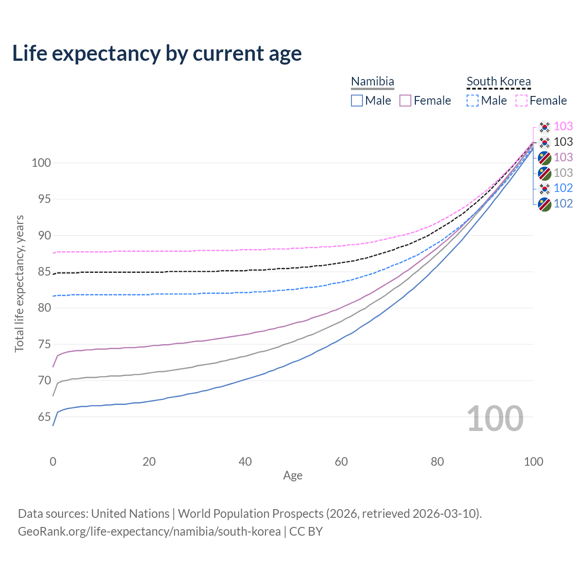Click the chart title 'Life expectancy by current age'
click(157, 53)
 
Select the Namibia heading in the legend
click(372, 81)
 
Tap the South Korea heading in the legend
click(499, 81)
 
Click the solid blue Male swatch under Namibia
click(357, 101)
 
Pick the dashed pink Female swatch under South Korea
click(521, 101)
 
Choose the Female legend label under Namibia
click(432, 101)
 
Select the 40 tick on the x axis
click(245, 462)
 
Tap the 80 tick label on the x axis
click(437, 462)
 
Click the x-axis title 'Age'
click(292, 476)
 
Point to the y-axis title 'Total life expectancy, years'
click(19, 284)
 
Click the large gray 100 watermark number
click(495, 419)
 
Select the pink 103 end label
click(563, 126)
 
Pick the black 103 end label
click(563, 142)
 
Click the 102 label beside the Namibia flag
click(563, 204)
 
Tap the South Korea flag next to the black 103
click(544, 142)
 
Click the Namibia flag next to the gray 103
click(544, 173)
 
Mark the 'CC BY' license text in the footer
click(306, 532)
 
